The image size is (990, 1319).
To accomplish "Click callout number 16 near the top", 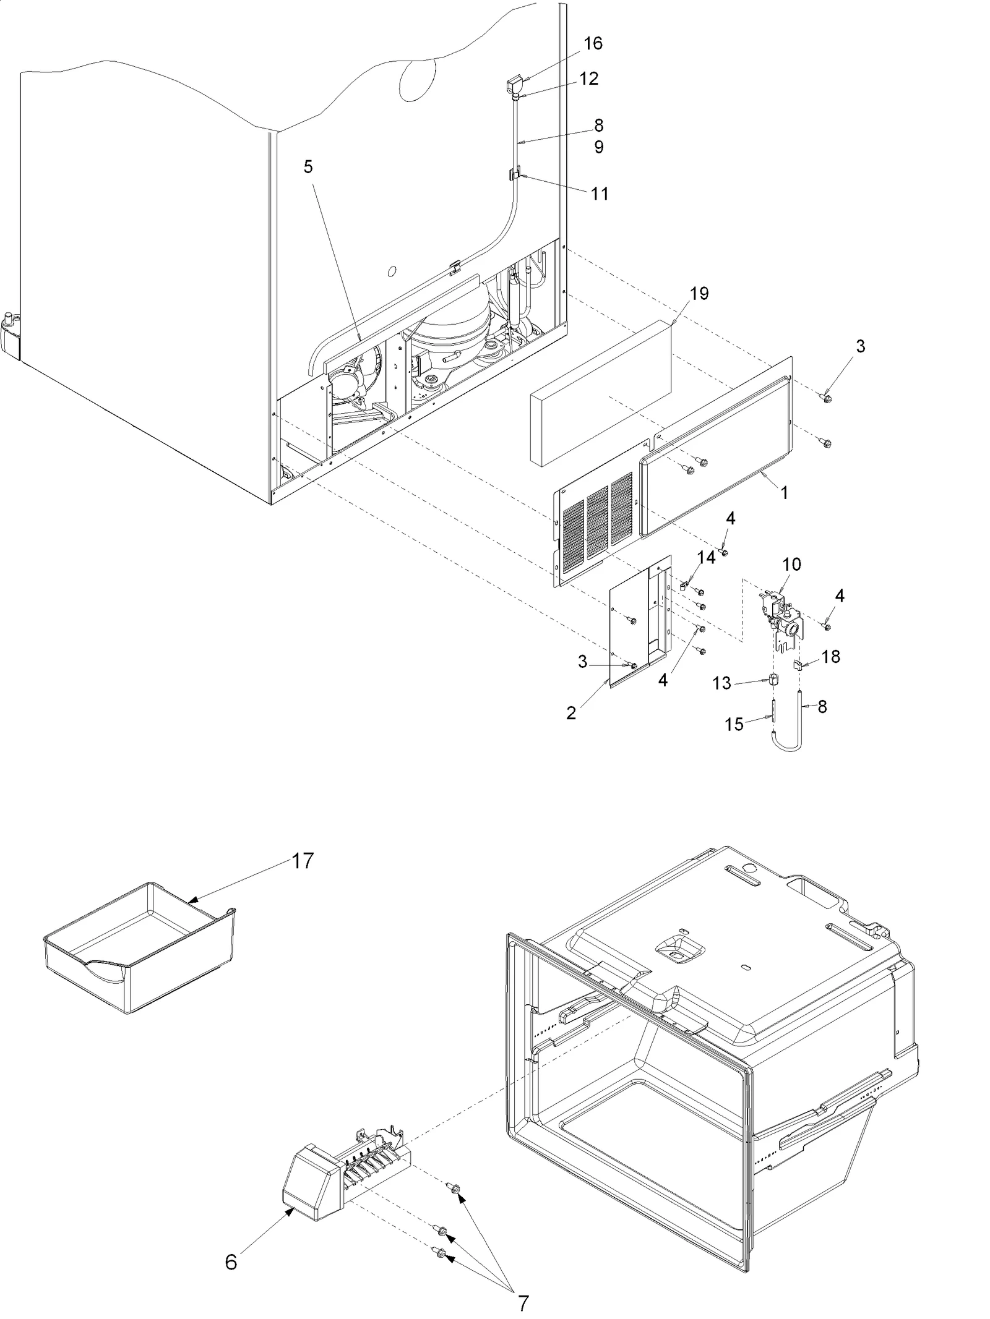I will point(593,43).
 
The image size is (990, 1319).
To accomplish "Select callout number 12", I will point(589,79).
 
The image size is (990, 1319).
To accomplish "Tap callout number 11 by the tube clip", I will point(600,194).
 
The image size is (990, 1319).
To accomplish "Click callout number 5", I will point(308,167).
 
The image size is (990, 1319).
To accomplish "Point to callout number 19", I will point(699,293).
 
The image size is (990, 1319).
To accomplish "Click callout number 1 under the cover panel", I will point(785,493).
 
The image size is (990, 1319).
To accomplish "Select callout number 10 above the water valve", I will point(791,564).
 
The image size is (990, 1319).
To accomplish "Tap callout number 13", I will point(722,683).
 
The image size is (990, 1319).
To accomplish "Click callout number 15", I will point(734,724).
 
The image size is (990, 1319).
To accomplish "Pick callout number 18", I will point(830,656).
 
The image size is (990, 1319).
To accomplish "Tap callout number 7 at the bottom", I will point(523,1299).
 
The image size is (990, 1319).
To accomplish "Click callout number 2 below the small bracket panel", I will point(570,713).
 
